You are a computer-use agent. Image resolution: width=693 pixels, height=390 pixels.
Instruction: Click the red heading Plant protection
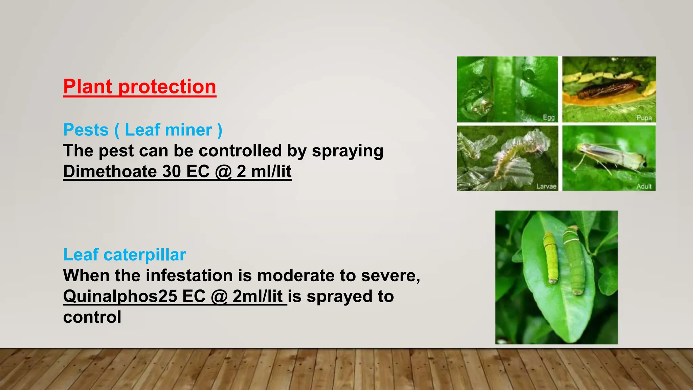tap(139, 87)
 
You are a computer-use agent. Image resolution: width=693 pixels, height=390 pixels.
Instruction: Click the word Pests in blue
tap(86, 130)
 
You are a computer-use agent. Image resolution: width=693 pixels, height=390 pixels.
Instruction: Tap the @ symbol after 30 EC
tap(223, 171)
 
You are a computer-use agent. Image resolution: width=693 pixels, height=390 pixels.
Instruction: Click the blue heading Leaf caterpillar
tap(125, 255)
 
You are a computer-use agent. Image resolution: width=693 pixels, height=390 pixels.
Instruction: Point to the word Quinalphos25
tap(120, 296)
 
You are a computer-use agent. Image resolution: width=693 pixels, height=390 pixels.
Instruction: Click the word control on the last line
tap(92, 317)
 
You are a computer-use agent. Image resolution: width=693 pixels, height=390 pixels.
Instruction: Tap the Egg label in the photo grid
tap(549, 117)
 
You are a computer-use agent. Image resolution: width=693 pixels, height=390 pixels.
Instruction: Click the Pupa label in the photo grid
tap(644, 118)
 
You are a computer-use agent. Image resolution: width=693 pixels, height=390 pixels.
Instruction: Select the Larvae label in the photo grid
tap(546, 186)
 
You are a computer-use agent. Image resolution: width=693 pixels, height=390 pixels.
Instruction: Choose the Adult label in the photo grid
tap(644, 186)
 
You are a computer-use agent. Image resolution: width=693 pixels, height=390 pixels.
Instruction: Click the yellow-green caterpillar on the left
tap(551, 257)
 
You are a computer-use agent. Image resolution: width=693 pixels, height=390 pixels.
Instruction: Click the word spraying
tap(348, 151)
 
